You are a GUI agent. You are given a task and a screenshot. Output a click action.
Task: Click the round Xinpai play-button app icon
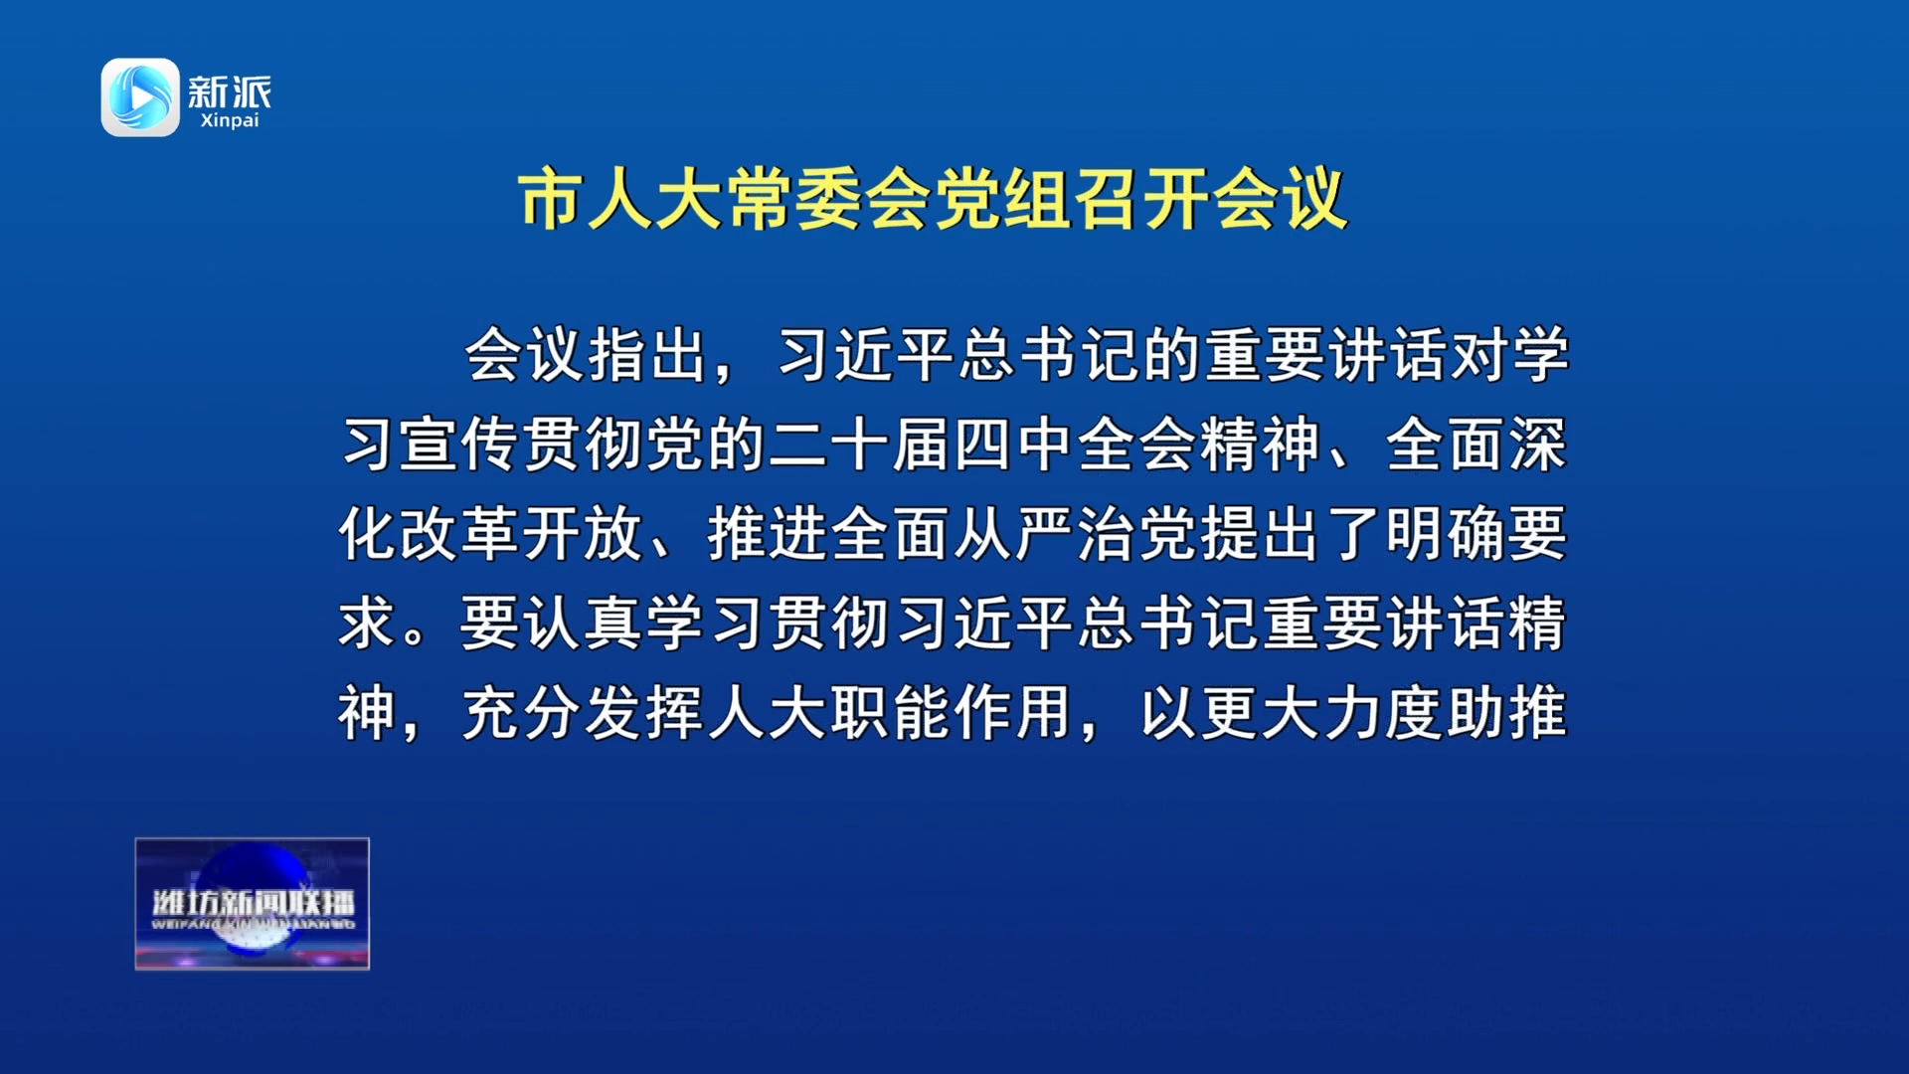[x=140, y=96]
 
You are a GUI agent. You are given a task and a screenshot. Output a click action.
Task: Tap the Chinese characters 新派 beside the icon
[x=230, y=92]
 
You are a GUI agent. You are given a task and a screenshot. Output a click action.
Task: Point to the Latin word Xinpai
[x=230, y=120]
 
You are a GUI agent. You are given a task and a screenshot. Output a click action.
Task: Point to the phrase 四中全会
[x=1076, y=445]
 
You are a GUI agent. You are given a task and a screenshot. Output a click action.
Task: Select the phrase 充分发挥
[x=585, y=713]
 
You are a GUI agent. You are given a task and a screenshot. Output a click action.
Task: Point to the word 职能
[x=891, y=713]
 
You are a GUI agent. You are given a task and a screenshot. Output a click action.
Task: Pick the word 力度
[x=1384, y=713]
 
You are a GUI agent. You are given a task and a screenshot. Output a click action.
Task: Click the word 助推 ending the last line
[x=1507, y=713]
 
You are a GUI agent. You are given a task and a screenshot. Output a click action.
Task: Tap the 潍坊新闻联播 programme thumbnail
[x=253, y=904]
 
